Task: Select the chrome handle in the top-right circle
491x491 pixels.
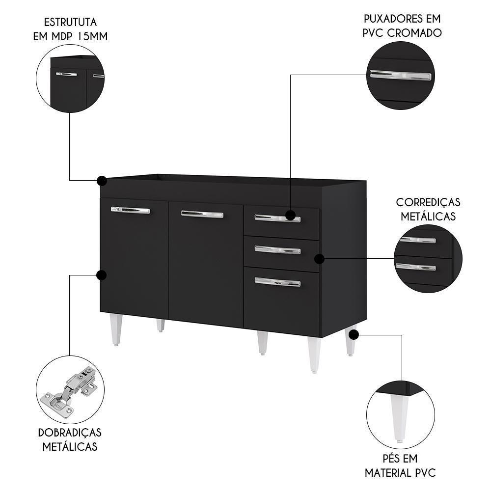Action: coord(401,75)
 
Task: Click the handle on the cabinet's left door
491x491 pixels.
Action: coord(130,210)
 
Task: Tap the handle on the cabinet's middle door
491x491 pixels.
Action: coord(202,214)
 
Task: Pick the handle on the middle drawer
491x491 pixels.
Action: coord(277,249)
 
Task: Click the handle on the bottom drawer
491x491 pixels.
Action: coord(277,282)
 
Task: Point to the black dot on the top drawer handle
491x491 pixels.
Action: coord(290,215)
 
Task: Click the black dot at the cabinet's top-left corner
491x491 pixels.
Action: coord(102,181)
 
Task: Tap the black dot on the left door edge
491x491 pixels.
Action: coord(102,275)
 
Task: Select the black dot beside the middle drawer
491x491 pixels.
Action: coord(319,258)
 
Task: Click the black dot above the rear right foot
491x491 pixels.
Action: coord(353,334)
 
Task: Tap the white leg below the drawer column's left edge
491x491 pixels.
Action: coord(263,343)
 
